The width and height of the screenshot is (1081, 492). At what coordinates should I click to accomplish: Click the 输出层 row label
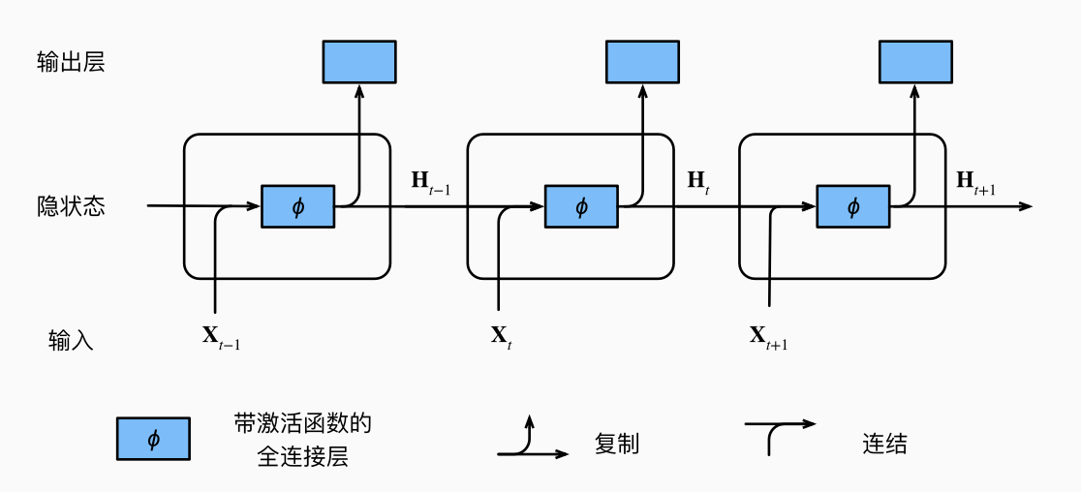click(x=71, y=63)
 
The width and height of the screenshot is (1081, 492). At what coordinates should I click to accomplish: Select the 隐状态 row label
click(x=71, y=206)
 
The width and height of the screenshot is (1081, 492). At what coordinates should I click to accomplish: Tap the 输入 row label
click(x=71, y=340)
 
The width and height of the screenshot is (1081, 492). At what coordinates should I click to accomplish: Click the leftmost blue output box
click(x=358, y=61)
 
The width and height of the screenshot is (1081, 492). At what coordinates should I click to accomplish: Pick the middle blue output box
click(x=642, y=61)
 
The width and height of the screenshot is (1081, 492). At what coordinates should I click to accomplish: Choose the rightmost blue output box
click(x=914, y=61)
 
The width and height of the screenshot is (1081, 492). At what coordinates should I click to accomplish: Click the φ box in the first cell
click(x=297, y=206)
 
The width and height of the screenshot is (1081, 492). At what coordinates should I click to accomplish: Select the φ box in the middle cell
click(x=581, y=206)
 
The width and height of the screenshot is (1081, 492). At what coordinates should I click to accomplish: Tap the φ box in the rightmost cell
click(x=853, y=206)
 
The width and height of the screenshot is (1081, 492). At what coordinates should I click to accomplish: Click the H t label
click(x=698, y=181)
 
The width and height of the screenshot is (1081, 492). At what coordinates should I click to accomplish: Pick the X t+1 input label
click(x=768, y=338)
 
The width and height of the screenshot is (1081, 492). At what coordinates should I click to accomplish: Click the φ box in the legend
click(x=153, y=439)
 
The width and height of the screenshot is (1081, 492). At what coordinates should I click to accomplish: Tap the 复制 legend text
click(x=617, y=445)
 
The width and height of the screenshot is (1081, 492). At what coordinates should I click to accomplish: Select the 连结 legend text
click(x=884, y=445)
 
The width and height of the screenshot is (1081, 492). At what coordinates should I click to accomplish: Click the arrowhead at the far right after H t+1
click(x=1027, y=206)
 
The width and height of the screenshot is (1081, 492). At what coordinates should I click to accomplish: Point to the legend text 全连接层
click(x=302, y=457)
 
